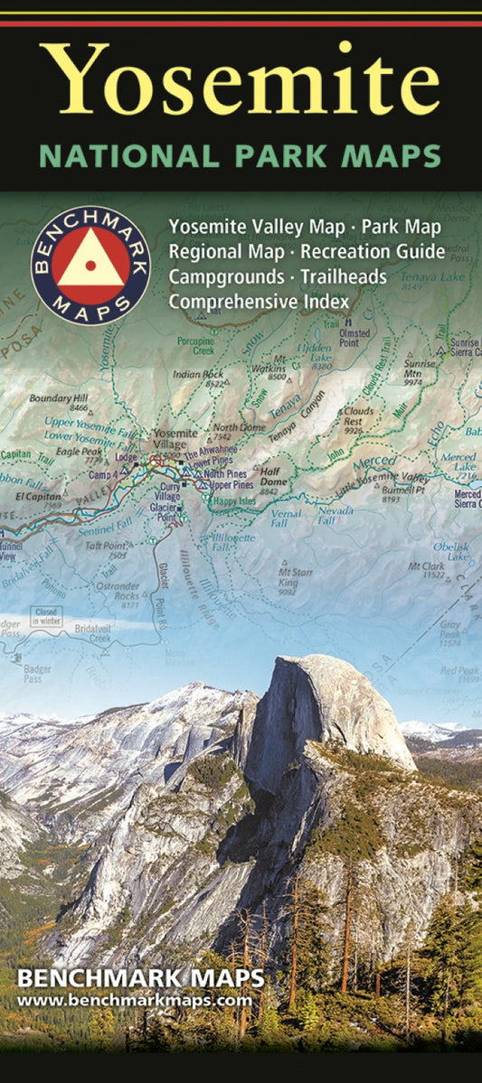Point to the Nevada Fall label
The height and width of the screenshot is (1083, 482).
(336, 515)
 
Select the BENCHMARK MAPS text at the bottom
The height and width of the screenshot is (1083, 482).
(140, 979)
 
